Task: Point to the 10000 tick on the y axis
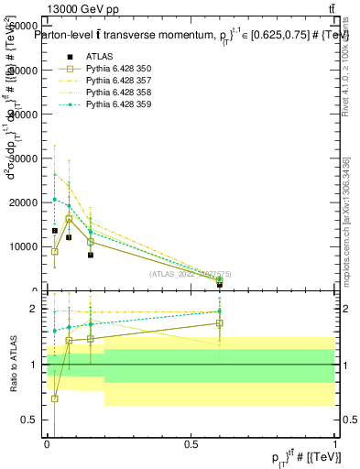click(x=27, y=246)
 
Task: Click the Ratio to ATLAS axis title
click(x=15, y=365)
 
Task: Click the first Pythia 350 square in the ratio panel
click(x=55, y=398)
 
